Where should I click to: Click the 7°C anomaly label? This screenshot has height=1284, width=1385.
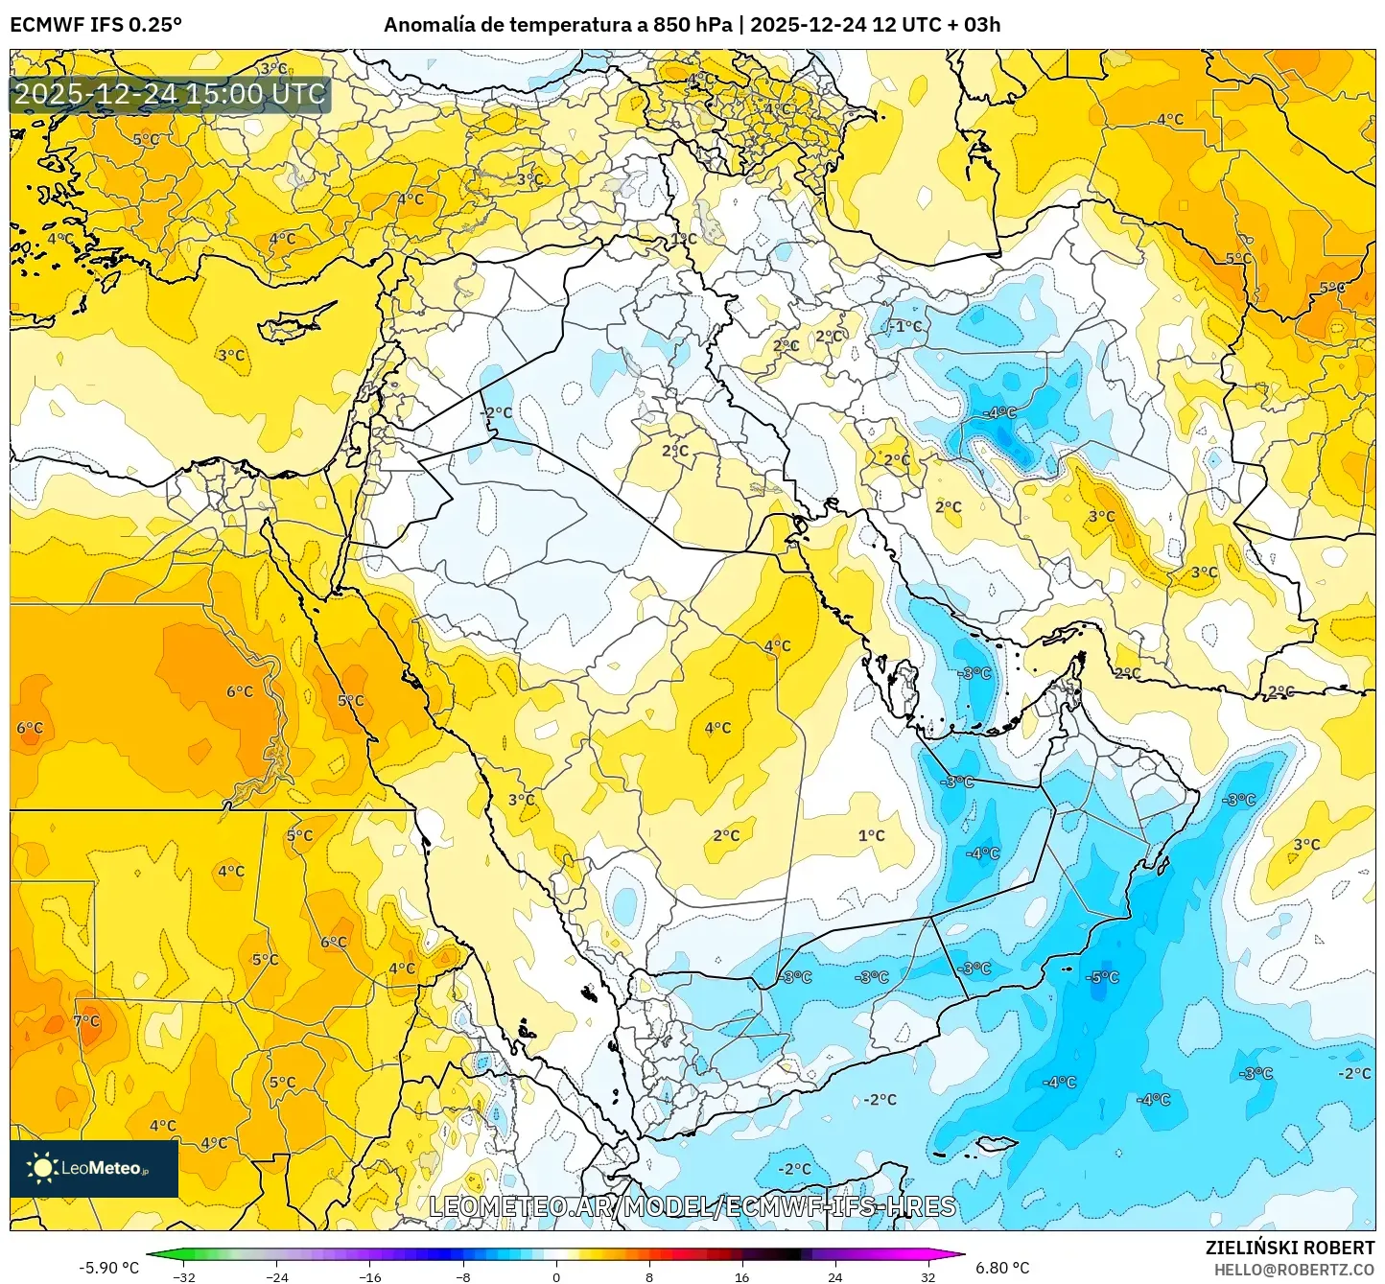(86, 1021)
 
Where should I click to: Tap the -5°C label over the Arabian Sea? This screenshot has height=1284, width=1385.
(1102, 977)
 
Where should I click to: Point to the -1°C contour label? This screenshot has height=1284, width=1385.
(904, 327)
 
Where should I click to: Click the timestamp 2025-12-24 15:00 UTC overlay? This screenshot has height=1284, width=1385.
(170, 94)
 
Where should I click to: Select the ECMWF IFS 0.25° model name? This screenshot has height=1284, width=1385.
(96, 25)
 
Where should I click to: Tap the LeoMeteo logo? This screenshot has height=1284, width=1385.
(94, 1168)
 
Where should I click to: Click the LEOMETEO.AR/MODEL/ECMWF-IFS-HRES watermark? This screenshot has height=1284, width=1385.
(692, 1206)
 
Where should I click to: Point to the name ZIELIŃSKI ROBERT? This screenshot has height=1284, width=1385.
(1290, 1248)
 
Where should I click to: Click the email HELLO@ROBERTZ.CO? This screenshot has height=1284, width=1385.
(1294, 1269)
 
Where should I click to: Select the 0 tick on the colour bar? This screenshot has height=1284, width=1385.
(556, 1276)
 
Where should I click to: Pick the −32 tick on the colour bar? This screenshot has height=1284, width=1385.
(184, 1276)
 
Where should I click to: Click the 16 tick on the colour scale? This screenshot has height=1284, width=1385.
(741, 1276)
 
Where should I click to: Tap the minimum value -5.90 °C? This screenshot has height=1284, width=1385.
(108, 1268)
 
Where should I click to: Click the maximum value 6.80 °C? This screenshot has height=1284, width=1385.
(1002, 1268)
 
